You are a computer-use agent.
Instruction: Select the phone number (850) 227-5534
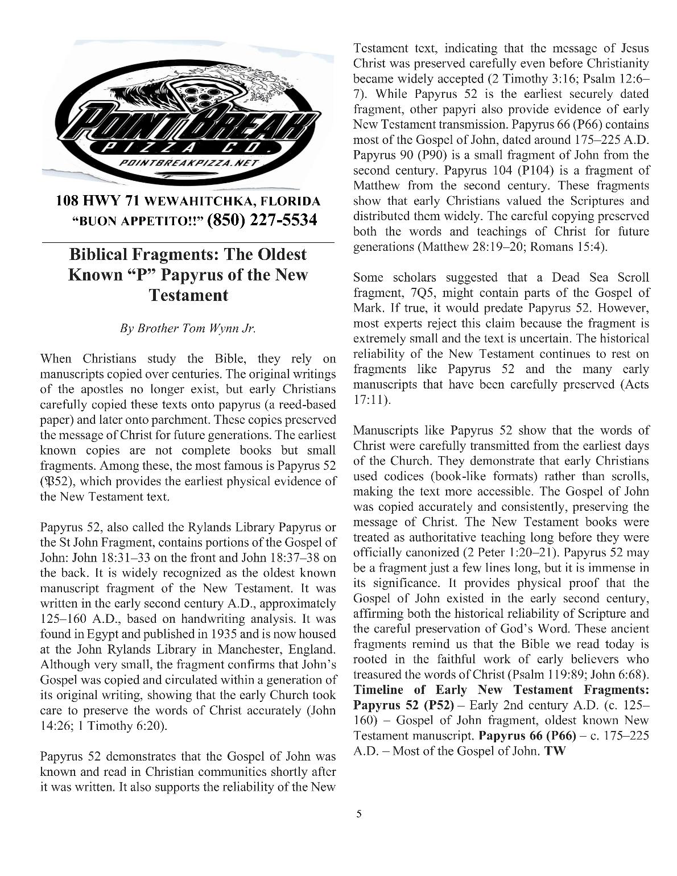click(262, 220)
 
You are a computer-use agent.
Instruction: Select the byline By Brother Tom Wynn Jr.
click(188, 329)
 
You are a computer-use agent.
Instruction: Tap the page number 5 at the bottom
click(358, 814)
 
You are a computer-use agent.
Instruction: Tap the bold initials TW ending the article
click(555, 751)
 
